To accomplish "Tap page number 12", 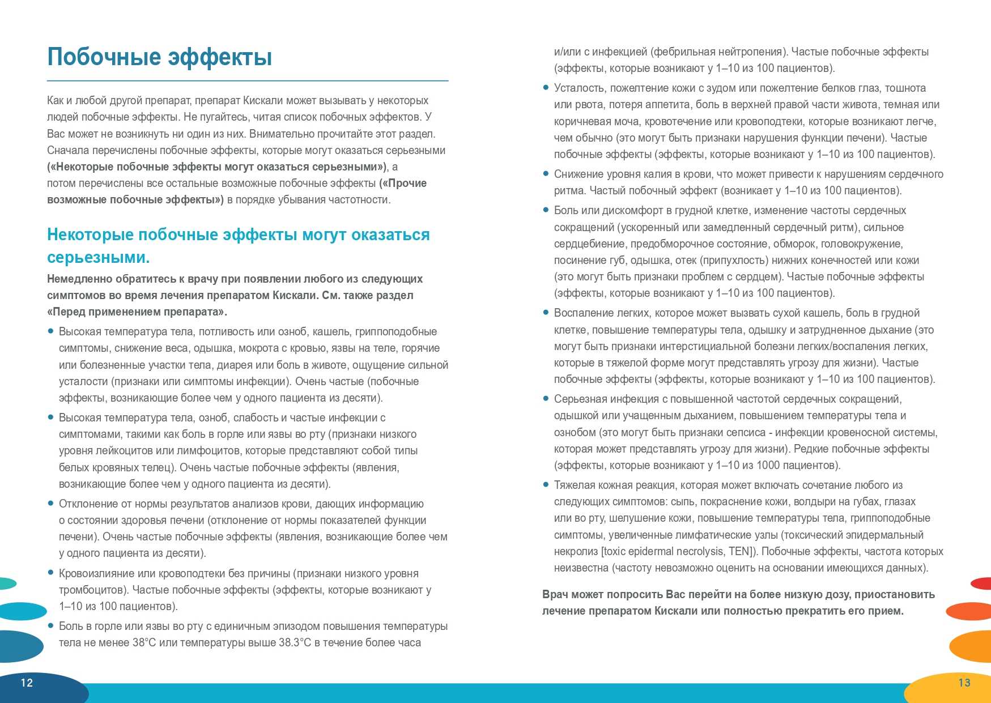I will pos(27,683).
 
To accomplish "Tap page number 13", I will pos(964,683).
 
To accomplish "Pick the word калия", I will pos(658,174).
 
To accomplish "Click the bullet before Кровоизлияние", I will pos(51,573).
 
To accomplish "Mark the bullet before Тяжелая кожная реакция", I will pos(546,485).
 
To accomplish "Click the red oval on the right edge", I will pos(982,583).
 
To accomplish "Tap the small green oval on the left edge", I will pos(7,583).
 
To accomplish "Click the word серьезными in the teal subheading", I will pos(98,258).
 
